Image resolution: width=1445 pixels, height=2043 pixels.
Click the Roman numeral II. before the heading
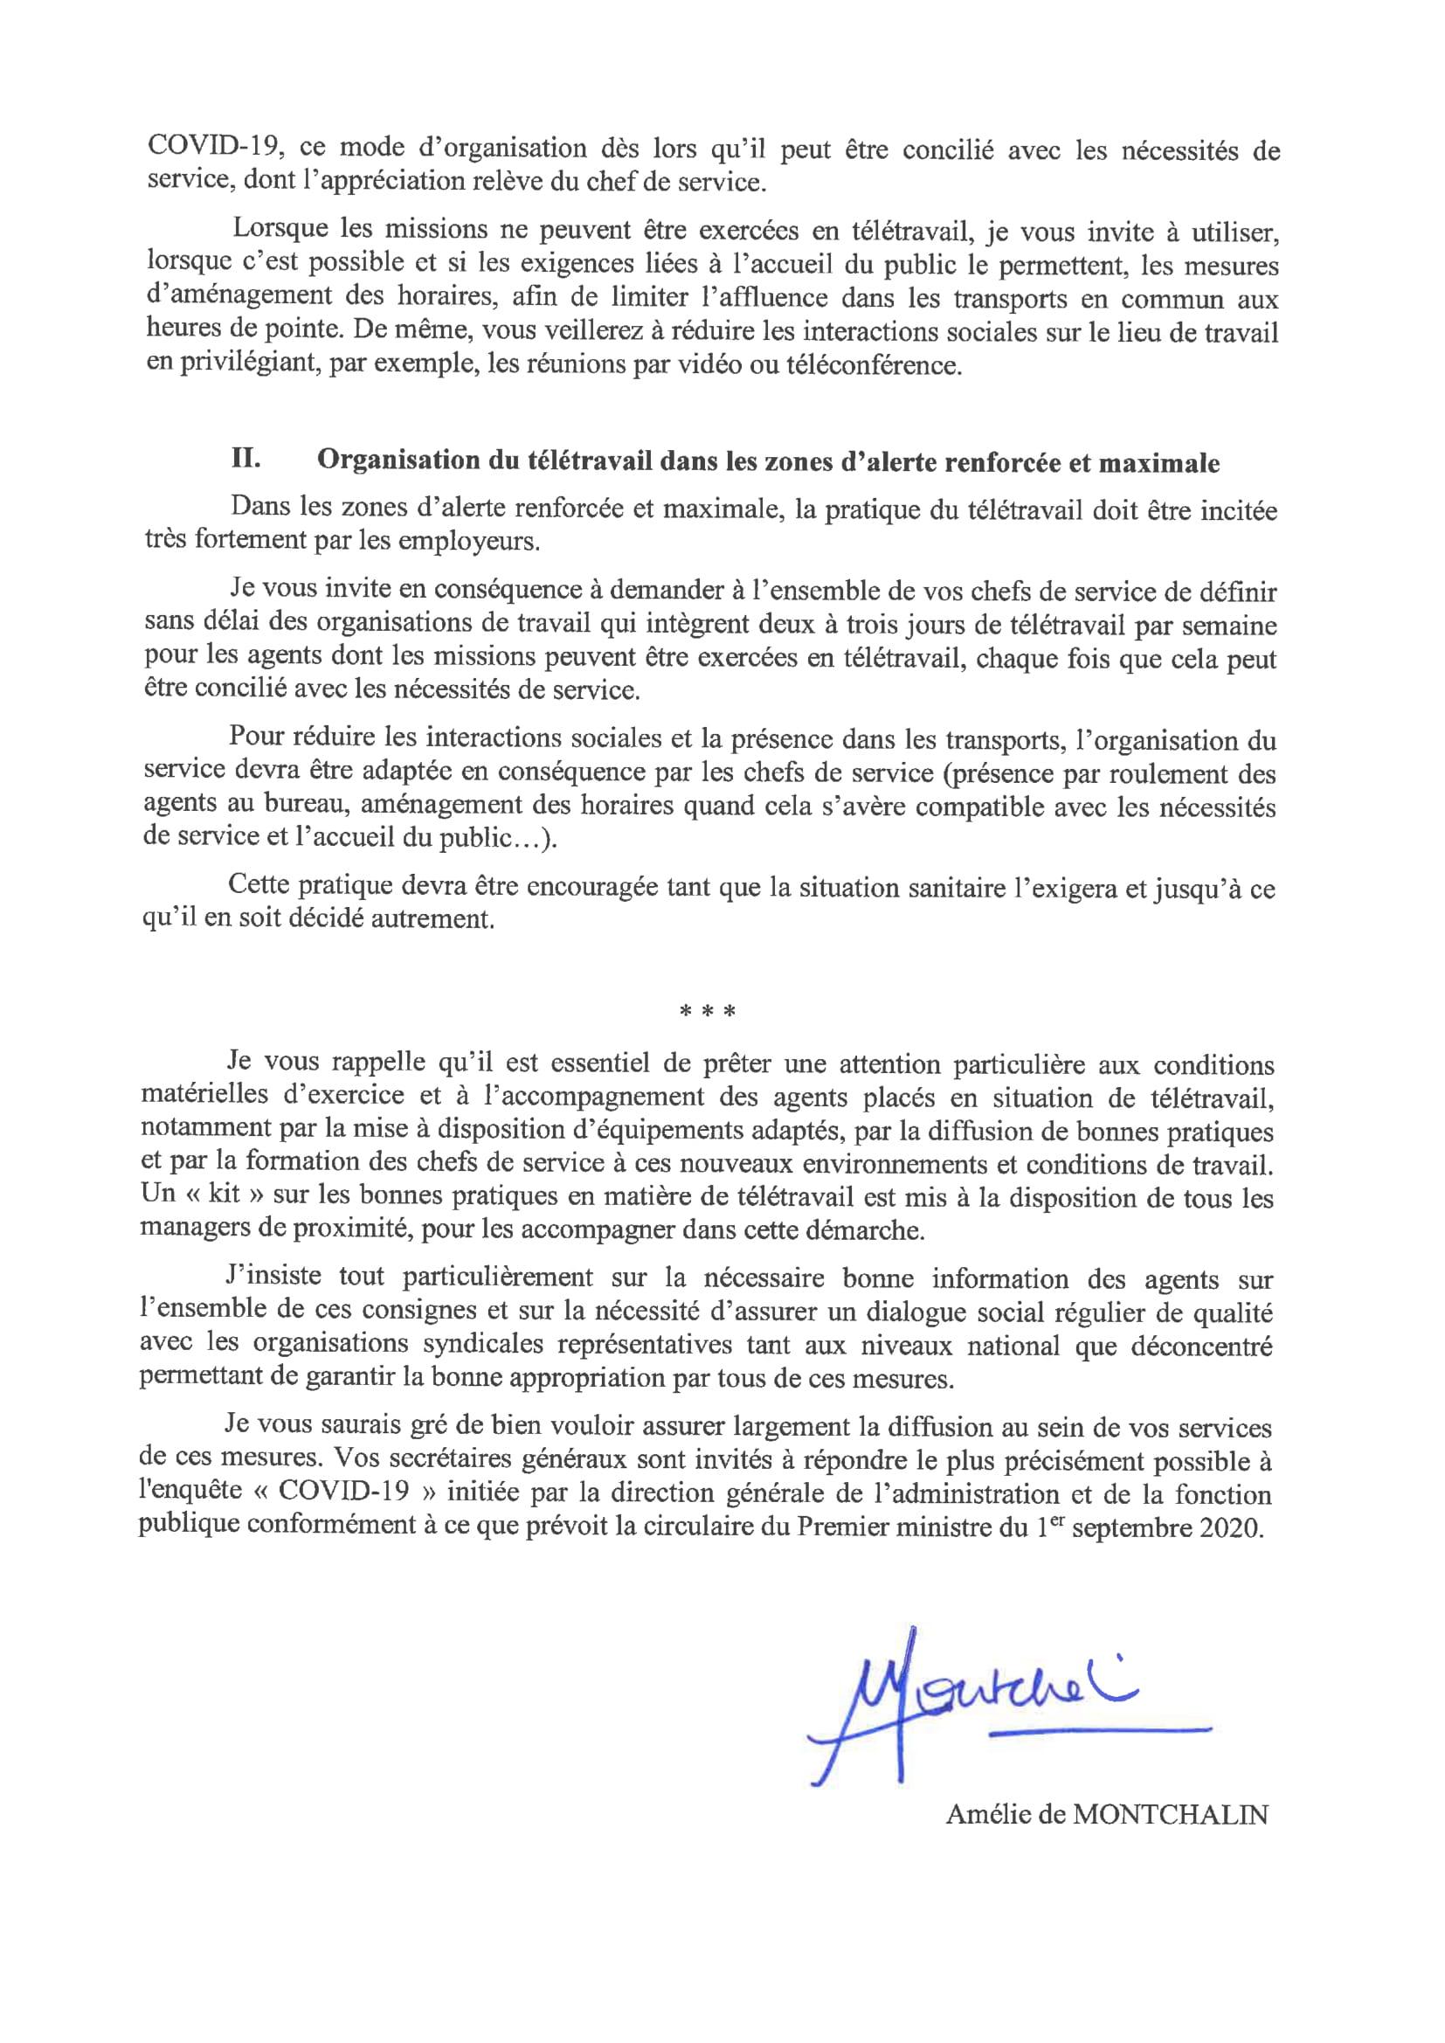click(x=245, y=461)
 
